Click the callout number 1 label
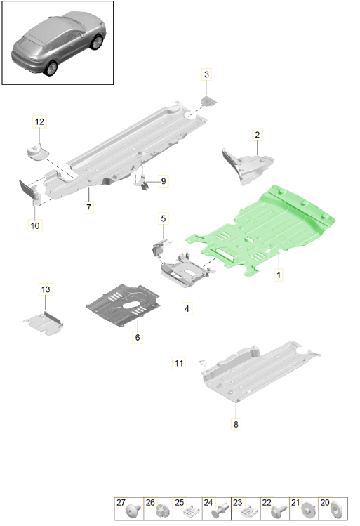click(x=278, y=275)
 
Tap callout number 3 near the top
click(x=206, y=74)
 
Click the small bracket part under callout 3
click(x=208, y=101)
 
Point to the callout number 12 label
click(x=39, y=121)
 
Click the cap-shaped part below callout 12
click(x=37, y=152)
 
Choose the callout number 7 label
click(x=88, y=207)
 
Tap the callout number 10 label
click(x=35, y=225)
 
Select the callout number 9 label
click(x=164, y=181)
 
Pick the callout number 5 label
click(x=164, y=218)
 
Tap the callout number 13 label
click(x=45, y=289)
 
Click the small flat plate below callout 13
click(x=44, y=323)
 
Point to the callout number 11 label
click(x=179, y=363)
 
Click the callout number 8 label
click(x=236, y=424)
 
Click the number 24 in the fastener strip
click(x=208, y=503)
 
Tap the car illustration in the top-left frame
click(x=59, y=43)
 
